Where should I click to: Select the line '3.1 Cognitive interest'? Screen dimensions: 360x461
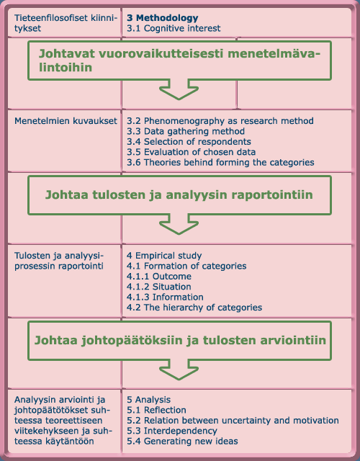click(x=173, y=28)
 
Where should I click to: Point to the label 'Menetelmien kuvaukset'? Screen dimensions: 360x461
click(x=66, y=120)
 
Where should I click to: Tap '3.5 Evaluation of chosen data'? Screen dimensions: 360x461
click(x=191, y=152)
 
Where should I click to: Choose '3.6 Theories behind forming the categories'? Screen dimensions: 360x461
click(x=220, y=163)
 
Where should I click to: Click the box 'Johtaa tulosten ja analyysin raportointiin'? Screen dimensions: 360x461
click(x=180, y=194)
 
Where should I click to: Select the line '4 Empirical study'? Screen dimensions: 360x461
click(x=164, y=256)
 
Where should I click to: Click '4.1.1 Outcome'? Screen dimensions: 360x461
click(x=159, y=277)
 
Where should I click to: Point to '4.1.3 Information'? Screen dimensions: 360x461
click(x=165, y=297)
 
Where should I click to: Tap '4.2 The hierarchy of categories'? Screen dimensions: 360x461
click(x=194, y=308)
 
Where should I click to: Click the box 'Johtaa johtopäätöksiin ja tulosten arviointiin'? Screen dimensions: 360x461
click(x=180, y=339)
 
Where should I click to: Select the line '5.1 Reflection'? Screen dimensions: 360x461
click(x=156, y=410)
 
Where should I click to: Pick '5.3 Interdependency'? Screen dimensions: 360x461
click(x=171, y=431)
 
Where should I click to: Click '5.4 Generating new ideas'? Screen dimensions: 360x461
click(x=182, y=441)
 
